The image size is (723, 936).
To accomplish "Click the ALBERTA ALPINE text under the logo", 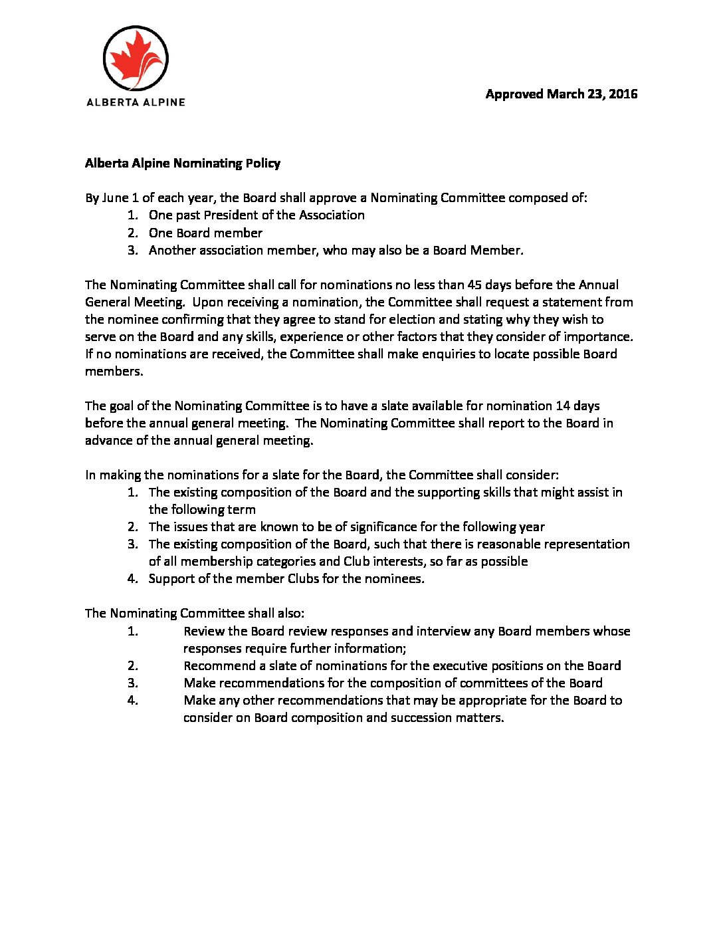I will click(136, 102).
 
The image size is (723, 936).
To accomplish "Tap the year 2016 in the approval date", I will click(623, 94).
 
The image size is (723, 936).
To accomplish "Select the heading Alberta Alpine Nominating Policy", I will click(183, 164).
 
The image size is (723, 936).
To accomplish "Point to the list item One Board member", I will click(205, 233).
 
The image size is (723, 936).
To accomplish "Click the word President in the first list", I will click(229, 215).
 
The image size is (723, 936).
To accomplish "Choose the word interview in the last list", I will click(443, 631).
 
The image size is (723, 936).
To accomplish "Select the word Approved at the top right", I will click(514, 94).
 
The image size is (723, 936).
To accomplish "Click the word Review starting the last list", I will click(204, 631).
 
